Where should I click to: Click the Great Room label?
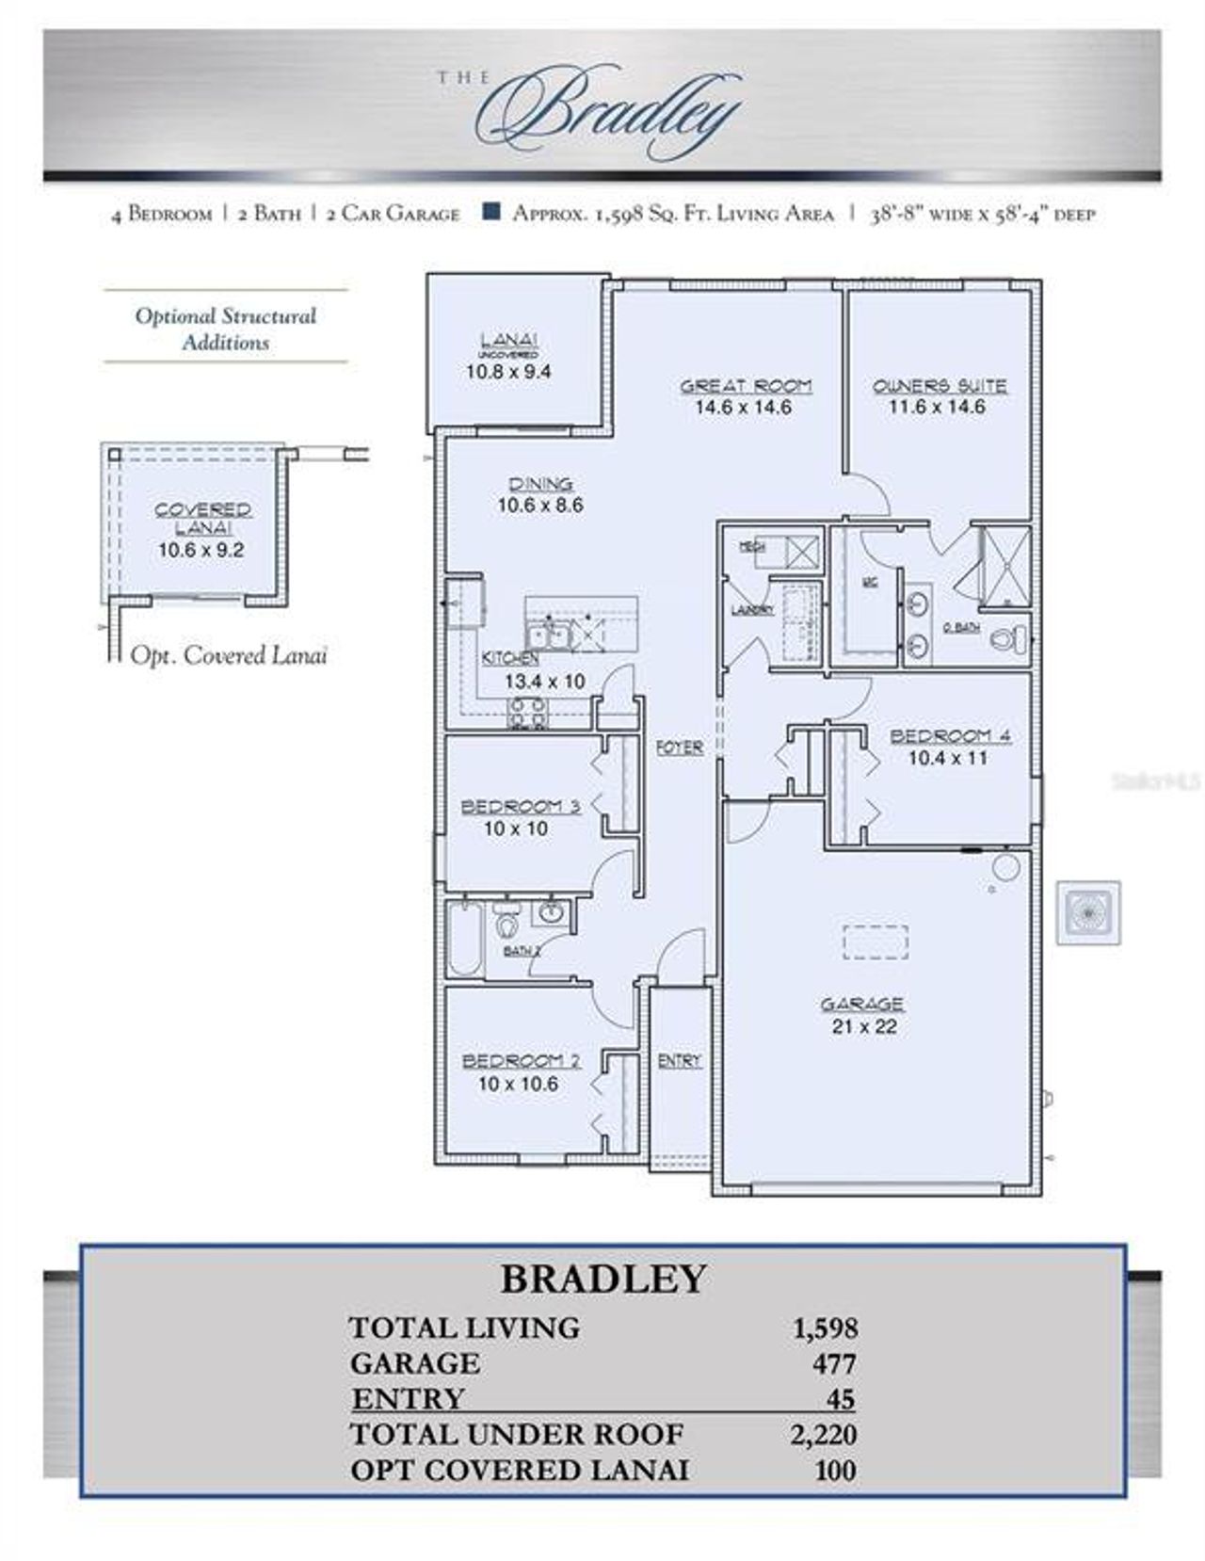745,386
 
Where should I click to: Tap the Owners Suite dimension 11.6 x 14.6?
937,407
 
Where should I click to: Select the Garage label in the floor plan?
861,1004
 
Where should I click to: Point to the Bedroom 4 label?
949,735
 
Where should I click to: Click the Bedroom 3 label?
520,807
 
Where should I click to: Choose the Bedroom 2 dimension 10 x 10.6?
518,1084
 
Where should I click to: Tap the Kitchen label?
510,658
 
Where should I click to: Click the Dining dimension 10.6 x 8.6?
540,506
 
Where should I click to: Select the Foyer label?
679,748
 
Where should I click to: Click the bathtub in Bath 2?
464,939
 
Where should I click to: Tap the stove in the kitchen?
527,713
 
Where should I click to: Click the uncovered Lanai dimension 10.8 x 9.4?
508,372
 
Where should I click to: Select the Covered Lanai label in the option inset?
202,518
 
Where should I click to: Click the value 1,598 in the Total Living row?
825,1328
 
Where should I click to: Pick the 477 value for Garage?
834,1363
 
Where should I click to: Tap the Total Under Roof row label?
516,1434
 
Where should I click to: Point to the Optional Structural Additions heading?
226,329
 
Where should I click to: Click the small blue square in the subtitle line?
490,212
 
